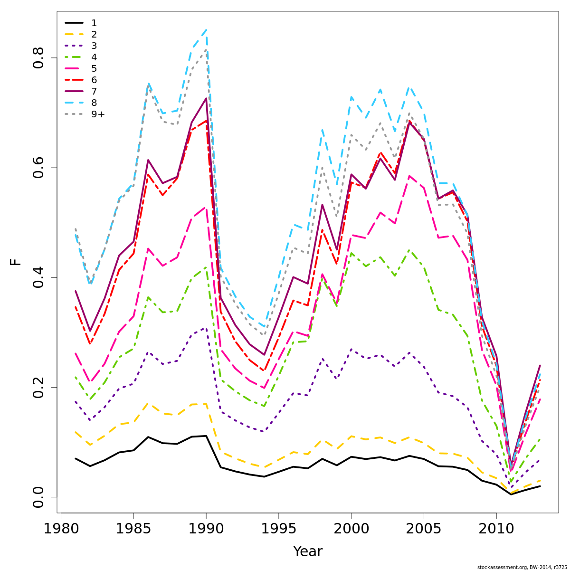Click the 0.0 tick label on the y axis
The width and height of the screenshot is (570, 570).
38,497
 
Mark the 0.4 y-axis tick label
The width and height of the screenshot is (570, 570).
38,277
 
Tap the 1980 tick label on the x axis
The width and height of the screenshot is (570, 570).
61,529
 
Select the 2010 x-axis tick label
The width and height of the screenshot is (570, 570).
496,529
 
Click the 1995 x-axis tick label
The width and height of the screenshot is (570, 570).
278,529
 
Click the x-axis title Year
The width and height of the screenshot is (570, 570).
307,551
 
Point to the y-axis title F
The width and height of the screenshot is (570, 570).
16,262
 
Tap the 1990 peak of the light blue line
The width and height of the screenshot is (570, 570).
206,29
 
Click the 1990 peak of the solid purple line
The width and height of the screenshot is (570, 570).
206,98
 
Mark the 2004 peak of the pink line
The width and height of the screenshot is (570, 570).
409,176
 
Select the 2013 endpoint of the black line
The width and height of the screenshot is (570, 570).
540,486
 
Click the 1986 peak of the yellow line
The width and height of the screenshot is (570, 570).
148,403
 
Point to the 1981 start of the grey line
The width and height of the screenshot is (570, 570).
76,228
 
